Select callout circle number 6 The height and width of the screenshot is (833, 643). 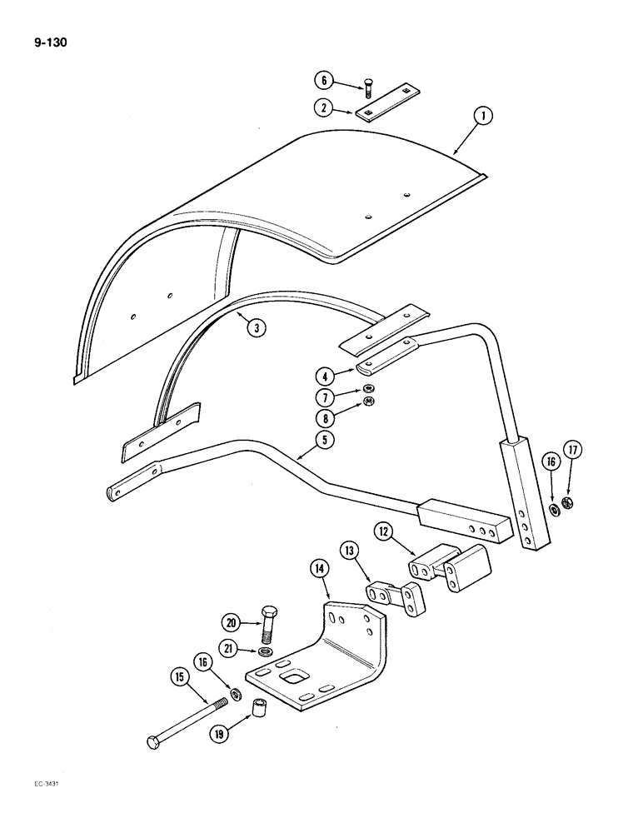(323, 81)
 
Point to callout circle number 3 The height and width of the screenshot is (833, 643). (257, 327)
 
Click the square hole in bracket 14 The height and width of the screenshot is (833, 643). (294, 682)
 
